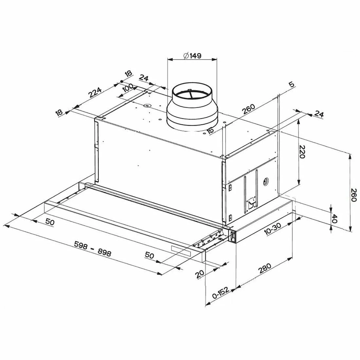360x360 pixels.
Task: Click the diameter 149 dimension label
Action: coord(192,56)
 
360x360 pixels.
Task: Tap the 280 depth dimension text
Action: coord(265,268)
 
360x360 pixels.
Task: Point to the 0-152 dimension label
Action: coord(221,293)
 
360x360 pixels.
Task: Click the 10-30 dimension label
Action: coord(273,229)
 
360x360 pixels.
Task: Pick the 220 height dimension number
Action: coord(302,152)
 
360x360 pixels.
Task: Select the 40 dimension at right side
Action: coord(334,219)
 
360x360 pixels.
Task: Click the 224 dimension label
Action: coord(95,92)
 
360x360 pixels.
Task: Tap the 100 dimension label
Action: coord(128,87)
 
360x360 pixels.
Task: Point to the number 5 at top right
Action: coord(291,84)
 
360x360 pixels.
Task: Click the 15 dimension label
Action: coord(210,131)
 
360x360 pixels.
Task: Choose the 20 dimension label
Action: coord(200,274)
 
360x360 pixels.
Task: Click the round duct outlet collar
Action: coord(192,107)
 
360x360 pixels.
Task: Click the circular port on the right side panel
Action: coord(266,182)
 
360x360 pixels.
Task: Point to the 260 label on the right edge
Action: coord(354,195)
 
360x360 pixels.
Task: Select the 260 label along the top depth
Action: coord(249,109)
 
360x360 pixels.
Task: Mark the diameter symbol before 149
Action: coord(186,56)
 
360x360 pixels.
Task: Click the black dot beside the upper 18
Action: coord(121,81)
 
